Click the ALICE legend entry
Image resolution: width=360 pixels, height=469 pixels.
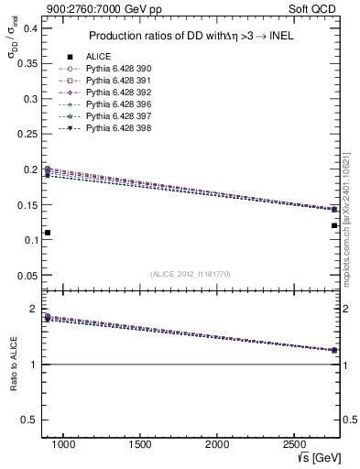(x=98, y=56)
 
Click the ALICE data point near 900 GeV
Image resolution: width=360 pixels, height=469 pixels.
(x=48, y=233)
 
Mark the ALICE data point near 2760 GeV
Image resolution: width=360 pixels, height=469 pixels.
(x=334, y=225)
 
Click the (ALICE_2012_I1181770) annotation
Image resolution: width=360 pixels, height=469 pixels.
(x=191, y=274)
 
